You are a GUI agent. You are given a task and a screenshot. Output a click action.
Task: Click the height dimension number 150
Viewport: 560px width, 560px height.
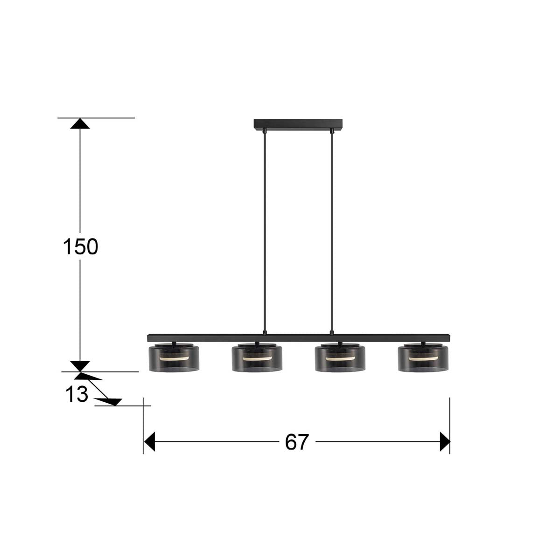click(80, 247)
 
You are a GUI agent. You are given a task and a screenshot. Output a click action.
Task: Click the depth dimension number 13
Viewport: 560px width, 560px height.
click(77, 395)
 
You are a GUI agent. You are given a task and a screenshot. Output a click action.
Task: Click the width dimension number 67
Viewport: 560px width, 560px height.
click(297, 442)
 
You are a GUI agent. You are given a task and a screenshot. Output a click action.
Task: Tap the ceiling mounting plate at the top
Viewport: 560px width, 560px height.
click(298, 124)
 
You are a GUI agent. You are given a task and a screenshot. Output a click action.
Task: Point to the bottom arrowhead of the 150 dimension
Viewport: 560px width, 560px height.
click(80, 366)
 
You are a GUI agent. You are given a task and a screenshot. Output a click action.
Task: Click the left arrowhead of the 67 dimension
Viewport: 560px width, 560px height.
click(149, 441)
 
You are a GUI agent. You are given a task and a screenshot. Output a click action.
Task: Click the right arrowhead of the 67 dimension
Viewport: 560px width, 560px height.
click(445, 441)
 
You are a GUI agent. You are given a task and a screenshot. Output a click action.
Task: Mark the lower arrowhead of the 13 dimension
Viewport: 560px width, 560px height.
click(112, 401)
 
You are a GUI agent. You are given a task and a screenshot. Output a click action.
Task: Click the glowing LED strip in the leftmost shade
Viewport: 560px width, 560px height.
click(174, 359)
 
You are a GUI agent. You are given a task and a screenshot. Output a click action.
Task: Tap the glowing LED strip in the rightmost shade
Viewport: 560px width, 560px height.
click(423, 358)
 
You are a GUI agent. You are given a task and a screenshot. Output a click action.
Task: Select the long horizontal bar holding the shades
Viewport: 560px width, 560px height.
click(299, 337)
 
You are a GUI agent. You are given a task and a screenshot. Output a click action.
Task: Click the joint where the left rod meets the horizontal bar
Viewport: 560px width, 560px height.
click(265, 333)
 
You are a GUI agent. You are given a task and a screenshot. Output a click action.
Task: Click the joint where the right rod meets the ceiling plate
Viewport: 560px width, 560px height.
click(332, 131)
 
